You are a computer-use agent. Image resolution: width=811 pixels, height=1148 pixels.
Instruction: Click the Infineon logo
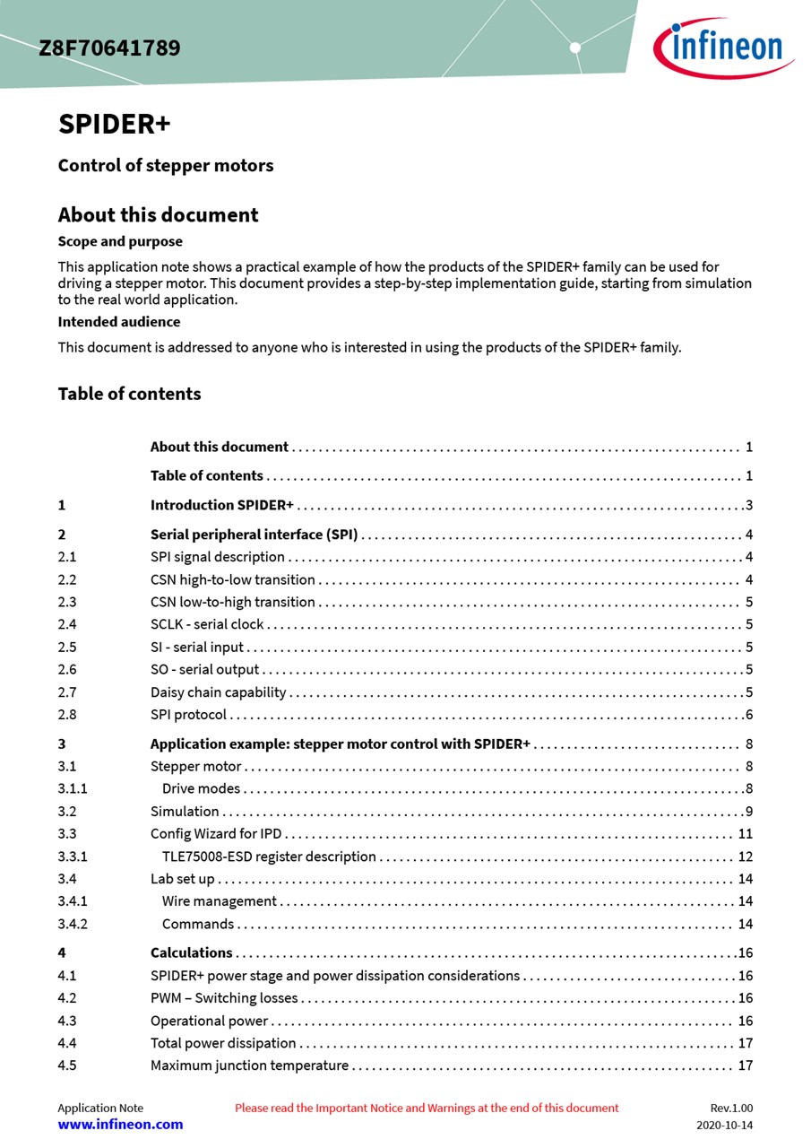pos(721,48)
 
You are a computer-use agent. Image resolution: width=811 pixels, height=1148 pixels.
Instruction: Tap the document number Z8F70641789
pos(109,48)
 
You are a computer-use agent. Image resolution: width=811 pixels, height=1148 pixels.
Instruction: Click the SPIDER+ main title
pos(114,124)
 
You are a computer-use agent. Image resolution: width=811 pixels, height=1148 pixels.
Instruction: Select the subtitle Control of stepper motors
pos(166,166)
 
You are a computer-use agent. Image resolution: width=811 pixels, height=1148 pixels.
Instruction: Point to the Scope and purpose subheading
pos(120,241)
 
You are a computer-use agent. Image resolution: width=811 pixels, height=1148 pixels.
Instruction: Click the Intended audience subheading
pos(119,321)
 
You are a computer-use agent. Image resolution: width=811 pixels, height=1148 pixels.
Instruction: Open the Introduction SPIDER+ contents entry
pos(221,505)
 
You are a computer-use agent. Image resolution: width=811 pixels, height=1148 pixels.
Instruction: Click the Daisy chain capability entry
pos(218,692)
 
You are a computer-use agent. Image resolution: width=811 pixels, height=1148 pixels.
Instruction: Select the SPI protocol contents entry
pos(188,715)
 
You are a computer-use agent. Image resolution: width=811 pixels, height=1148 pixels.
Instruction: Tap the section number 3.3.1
pos(73,857)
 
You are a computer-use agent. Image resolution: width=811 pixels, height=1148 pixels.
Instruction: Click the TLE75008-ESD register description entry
pos(269,857)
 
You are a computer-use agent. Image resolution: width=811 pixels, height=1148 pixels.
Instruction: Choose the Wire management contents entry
pos(220,901)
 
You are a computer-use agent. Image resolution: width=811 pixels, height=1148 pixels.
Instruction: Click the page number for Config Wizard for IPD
pos(745,834)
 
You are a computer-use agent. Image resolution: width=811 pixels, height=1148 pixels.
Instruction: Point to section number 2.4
pos(67,624)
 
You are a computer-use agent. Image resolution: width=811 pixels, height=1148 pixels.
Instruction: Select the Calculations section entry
pos(191,952)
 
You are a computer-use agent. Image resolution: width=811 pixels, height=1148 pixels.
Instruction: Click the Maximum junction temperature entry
pos(249,1065)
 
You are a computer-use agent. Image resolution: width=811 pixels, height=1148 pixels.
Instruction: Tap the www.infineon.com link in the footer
pos(120,1125)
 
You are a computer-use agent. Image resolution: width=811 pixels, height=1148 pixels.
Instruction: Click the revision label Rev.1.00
pos(731,1108)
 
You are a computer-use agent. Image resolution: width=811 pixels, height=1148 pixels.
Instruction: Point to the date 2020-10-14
pos(725,1125)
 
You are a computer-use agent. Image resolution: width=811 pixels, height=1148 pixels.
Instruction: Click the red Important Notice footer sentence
pos(427,1108)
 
